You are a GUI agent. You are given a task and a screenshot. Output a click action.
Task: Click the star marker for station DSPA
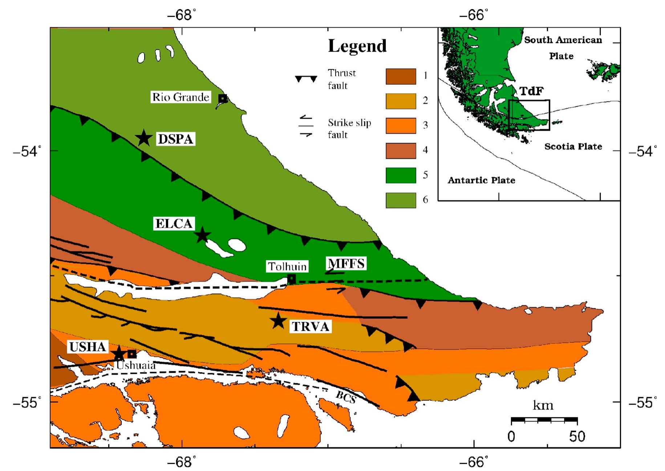(x=144, y=138)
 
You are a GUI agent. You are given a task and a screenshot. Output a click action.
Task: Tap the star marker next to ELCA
(x=202, y=235)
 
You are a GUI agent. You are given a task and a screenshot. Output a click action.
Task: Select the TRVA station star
(x=278, y=321)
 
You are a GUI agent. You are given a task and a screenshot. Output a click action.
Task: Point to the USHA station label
(x=88, y=347)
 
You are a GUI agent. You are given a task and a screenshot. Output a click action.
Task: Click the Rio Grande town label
(x=181, y=97)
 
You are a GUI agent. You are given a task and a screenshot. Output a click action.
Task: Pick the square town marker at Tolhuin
(x=291, y=279)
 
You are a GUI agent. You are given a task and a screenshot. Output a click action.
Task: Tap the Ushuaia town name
(x=136, y=365)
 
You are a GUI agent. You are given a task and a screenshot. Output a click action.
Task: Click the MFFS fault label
(x=346, y=263)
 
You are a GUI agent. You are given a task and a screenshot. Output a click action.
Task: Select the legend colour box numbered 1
(x=401, y=76)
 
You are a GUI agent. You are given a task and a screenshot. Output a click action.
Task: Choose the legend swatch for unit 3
(x=401, y=126)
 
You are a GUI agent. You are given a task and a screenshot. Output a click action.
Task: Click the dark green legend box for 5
(x=401, y=175)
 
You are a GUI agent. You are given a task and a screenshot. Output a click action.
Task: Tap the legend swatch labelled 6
(x=401, y=200)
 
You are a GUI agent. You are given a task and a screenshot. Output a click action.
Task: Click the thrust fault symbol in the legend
(x=306, y=79)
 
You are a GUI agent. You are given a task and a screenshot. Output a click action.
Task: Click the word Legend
(x=357, y=46)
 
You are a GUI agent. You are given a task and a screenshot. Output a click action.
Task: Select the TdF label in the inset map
(x=531, y=91)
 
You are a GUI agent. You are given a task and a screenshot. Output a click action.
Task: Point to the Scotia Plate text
(x=573, y=146)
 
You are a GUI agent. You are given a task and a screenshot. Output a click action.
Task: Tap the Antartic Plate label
(x=481, y=180)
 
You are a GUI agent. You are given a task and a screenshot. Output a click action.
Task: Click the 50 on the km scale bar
(x=577, y=436)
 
